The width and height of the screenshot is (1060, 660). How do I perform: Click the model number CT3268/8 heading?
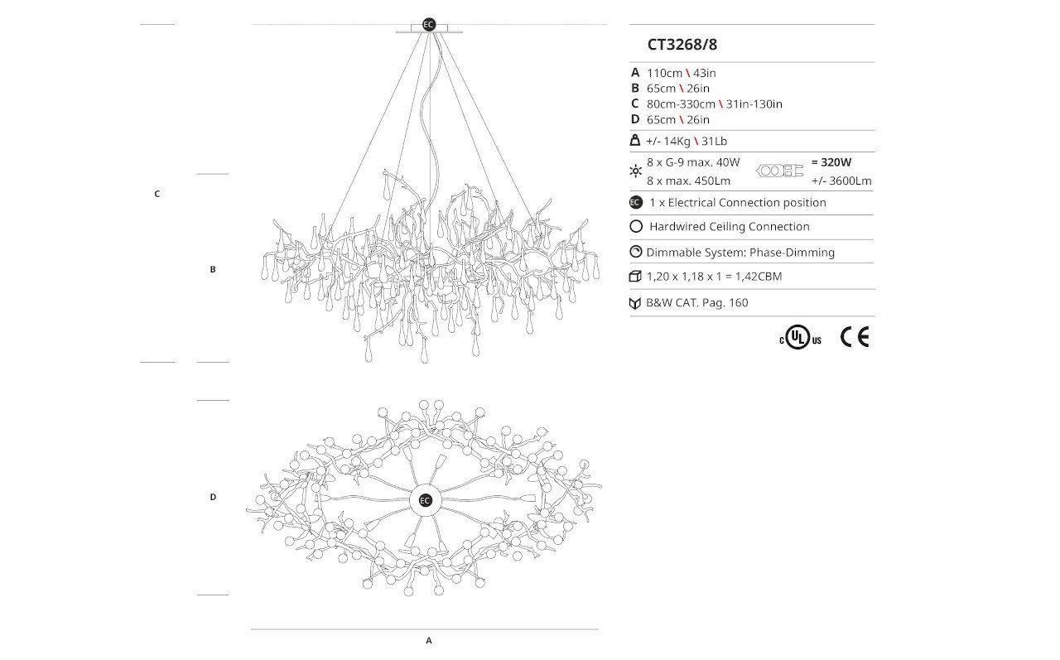682,45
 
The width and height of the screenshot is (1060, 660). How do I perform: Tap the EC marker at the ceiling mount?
429,25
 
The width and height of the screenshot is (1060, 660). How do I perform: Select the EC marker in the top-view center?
425,500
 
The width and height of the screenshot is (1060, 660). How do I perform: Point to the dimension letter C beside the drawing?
157,194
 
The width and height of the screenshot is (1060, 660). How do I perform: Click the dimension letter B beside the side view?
213,269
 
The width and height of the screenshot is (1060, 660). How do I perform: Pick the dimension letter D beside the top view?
213,497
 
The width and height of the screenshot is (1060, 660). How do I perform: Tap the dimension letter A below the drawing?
429,641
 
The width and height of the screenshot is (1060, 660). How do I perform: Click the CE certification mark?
855,337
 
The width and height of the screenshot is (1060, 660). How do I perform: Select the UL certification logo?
800,337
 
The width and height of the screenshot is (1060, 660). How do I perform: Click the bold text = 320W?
831,162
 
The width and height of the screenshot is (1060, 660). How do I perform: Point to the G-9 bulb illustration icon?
779,171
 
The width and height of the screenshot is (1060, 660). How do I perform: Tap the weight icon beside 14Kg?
635,141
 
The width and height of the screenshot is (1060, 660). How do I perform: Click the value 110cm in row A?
664,74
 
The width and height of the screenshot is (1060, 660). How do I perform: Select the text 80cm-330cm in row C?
681,104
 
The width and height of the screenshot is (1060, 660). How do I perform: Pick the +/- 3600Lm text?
841,181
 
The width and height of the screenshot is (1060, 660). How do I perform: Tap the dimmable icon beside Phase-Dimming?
635,252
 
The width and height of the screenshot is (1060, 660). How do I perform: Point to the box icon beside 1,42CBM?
635,277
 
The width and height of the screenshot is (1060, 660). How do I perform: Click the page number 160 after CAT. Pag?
739,303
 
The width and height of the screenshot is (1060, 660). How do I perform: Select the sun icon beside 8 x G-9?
635,171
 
